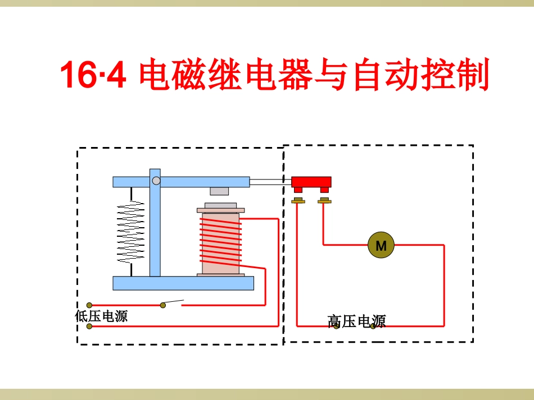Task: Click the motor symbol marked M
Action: [381, 245]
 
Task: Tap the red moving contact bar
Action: [311, 182]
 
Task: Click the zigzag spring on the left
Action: [130, 231]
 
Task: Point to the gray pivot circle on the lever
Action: [156, 181]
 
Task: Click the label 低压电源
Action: [101, 316]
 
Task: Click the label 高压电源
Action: [357, 321]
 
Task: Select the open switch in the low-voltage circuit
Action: [173, 304]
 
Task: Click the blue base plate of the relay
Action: [183, 283]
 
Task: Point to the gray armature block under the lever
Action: [219, 191]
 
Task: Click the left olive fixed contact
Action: [298, 200]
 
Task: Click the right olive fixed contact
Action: [324, 200]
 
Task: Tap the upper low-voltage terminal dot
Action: [89, 305]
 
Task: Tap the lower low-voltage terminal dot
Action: [89, 326]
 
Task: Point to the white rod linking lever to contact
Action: [270, 182]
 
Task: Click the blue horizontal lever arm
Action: [202, 182]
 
